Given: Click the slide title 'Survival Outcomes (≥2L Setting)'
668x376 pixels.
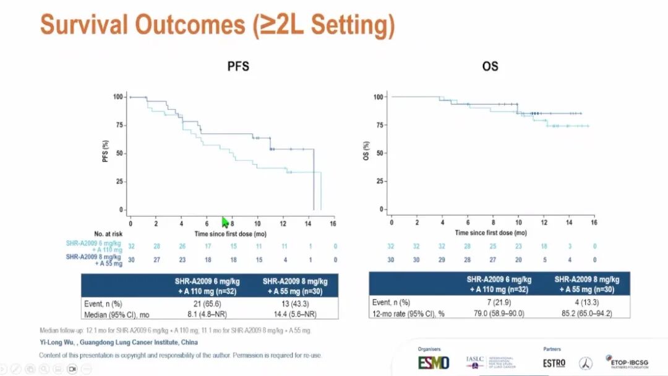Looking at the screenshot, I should click(x=217, y=25).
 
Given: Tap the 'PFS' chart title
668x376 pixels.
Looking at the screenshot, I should click(x=238, y=66).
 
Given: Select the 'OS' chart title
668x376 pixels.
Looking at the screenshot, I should click(x=490, y=66).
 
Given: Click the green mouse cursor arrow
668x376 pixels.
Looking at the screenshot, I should click(x=226, y=222).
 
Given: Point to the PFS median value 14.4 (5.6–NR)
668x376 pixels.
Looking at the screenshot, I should click(x=294, y=314).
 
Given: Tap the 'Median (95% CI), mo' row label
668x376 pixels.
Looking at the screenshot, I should click(x=117, y=314).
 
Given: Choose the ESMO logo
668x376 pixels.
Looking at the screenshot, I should click(x=434, y=363).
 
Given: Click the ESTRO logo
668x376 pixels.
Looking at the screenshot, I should click(x=554, y=363).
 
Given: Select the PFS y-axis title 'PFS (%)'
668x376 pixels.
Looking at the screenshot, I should click(x=105, y=153).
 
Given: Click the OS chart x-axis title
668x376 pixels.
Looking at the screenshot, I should click(x=491, y=233).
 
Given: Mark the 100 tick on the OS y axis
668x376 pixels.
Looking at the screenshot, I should click(x=379, y=97).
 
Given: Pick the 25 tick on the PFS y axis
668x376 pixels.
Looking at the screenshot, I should click(x=118, y=181).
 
